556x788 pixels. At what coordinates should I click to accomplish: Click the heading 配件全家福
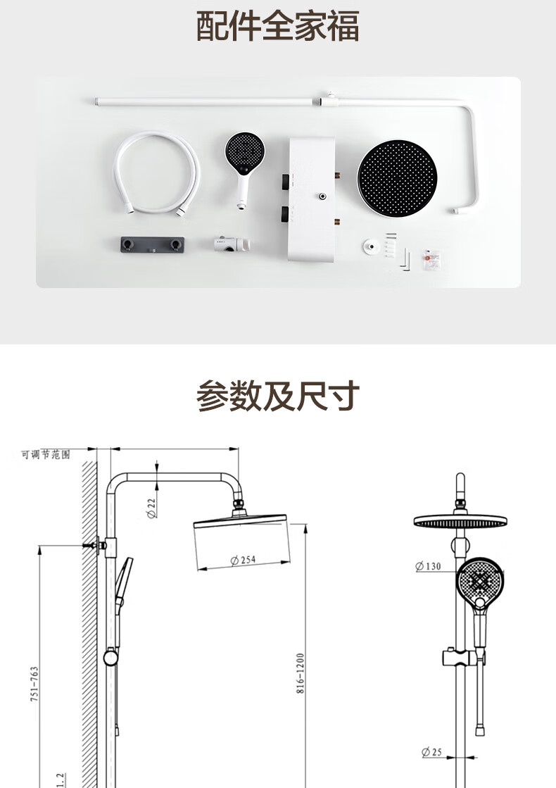[x=277, y=25]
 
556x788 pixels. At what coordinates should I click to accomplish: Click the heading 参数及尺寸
[x=278, y=396]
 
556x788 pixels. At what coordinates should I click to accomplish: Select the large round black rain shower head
[x=397, y=178]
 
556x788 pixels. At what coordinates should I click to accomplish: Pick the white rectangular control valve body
[x=312, y=199]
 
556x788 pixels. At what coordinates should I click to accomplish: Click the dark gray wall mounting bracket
[x=152, y=245]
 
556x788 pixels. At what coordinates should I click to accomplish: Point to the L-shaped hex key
[x=405, y=261]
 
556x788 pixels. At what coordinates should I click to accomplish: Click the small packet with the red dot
[x=432, y=259]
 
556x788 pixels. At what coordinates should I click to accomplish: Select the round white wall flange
[x=371, y=246]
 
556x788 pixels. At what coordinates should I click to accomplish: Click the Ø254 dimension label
[x=243, y=560]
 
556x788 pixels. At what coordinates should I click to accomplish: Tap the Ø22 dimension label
[x=152, y=508]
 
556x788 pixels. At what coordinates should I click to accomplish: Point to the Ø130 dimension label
[x=428, y=566]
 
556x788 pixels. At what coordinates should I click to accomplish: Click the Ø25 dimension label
[x=431, y=752]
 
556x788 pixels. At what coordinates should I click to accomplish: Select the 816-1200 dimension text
[x=301, y=673]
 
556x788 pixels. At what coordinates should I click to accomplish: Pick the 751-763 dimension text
[x=34, y=684]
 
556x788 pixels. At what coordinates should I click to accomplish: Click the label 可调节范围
[x=45, y=454]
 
